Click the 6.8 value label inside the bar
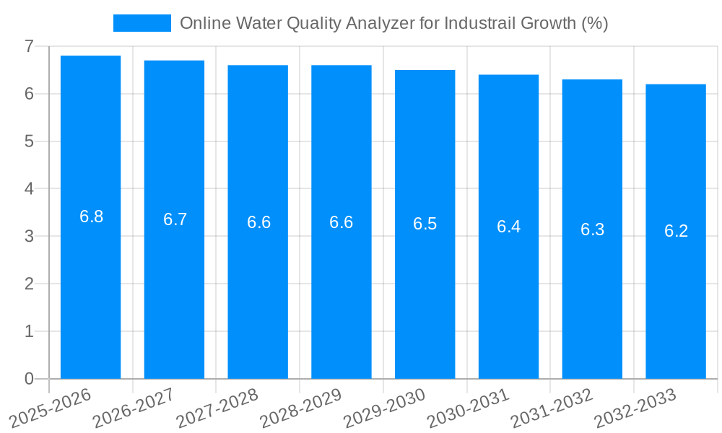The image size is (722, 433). point(92,216)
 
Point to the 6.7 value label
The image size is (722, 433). point(175,219)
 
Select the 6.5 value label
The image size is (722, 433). point(425,224)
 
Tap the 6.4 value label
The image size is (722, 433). point(508,227)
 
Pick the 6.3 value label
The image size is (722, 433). point(592,229)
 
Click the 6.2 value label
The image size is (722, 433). point(676,231)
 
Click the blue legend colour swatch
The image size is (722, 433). point(142,23)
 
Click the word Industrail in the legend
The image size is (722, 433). point(477,23)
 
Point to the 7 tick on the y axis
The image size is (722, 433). point(29,46)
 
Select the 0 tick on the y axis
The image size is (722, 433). point(29,379)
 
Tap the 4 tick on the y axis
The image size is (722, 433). point(29,189)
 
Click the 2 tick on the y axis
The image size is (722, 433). point(29,284)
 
